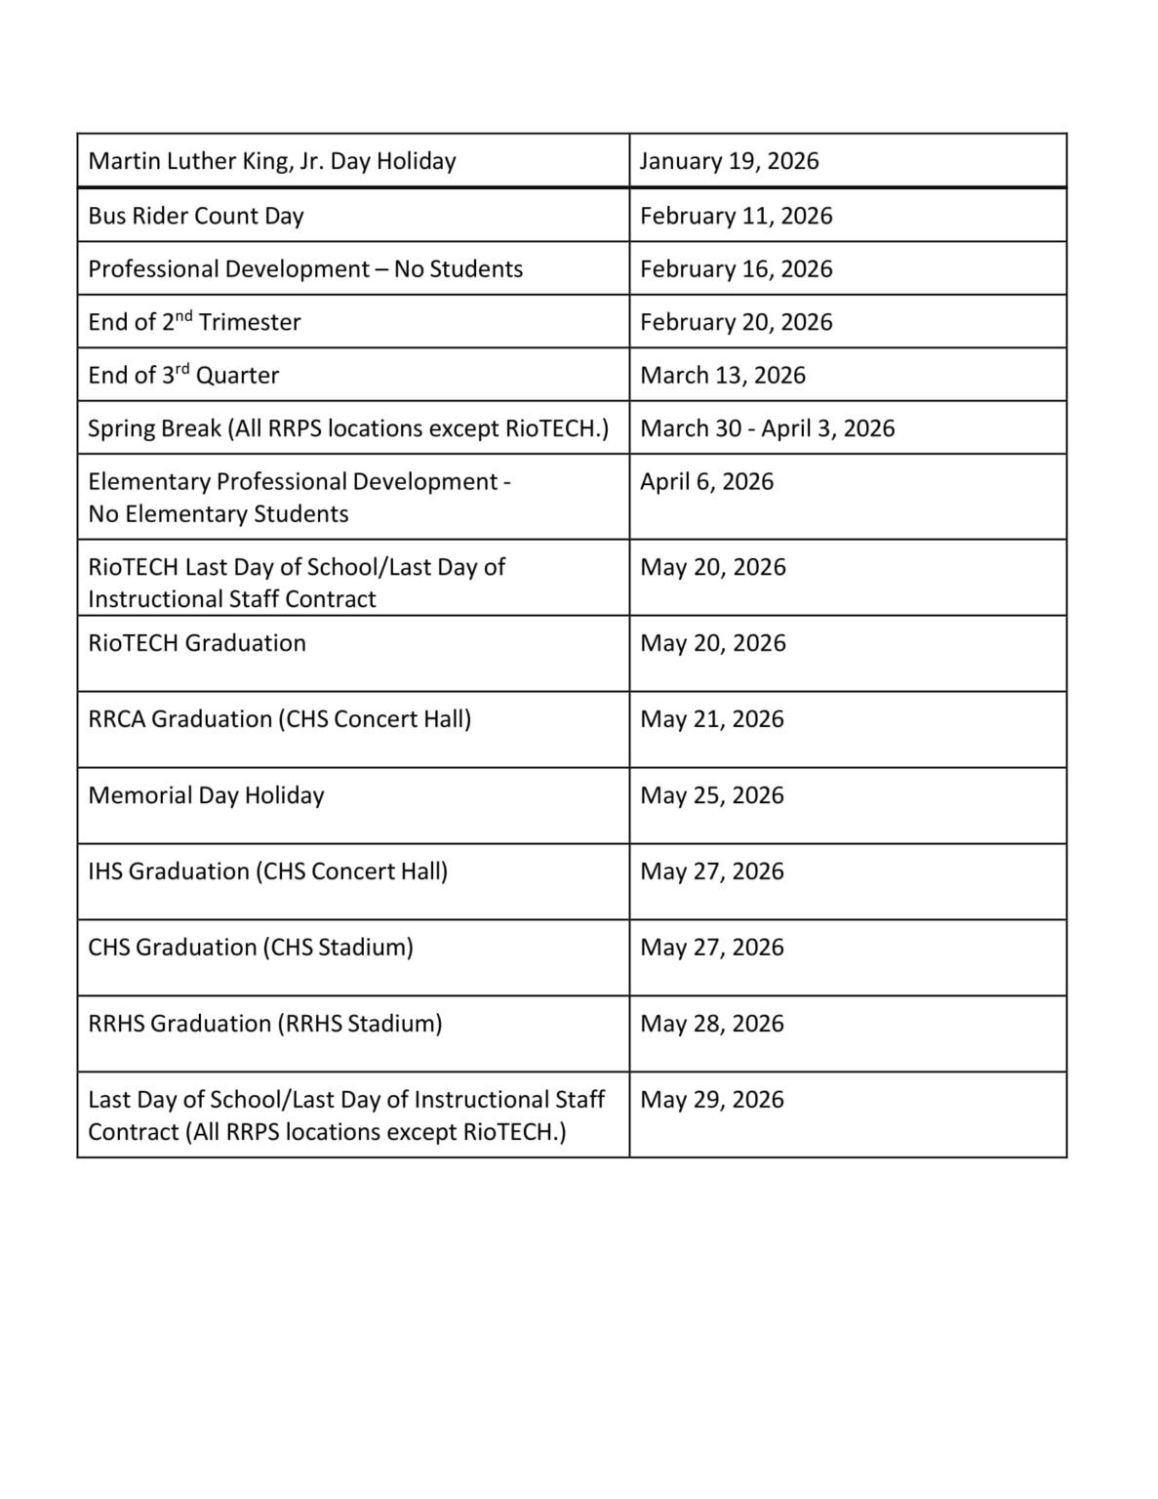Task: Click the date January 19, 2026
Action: tap(729, 161)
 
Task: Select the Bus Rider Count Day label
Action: tap(196, 216)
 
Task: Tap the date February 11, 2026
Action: tap(736, 216)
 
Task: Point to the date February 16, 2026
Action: tap(736, 269)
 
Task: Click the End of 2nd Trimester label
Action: tap(194, 322)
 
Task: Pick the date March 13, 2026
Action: tap(722, 376)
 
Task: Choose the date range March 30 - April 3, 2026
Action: tap(767, 428)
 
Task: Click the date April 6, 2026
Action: tap(706, 482)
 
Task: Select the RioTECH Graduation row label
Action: tap(197, 643)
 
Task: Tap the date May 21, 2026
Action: tap(711, 719)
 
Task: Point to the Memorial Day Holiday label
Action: tap(206, 795)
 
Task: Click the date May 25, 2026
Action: tap(711, 795)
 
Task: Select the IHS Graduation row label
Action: tap(267, 871)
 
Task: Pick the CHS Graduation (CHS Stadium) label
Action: tap(251, 948)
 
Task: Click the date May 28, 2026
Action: tap(711, 1024)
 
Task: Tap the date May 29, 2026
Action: tap(711, 1100)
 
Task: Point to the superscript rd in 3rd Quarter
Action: tap(182, 369)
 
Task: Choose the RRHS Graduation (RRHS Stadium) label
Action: tap(264, 1024)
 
